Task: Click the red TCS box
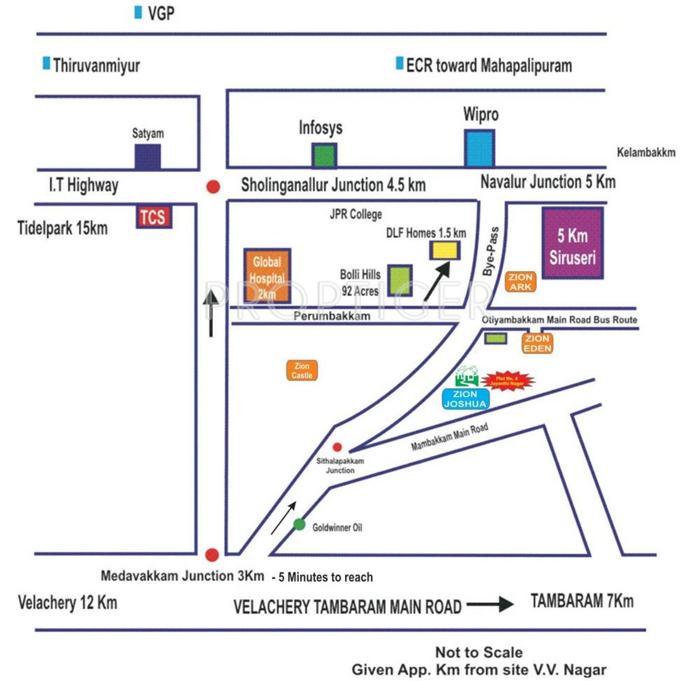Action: (154, 217)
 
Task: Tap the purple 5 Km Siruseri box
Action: (572, 243)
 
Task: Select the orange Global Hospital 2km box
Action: (267, 276)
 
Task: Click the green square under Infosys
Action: (324, 155)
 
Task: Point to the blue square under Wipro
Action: (479, 148)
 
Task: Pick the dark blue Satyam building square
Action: (147, 157)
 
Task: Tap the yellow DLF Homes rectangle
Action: (444, 250)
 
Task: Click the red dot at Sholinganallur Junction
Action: (213, 187)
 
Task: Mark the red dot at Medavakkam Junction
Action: (212, 555)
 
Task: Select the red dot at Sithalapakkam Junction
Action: (337, 447)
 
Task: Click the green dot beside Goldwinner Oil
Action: (299, 524)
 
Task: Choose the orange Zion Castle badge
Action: (302, 371)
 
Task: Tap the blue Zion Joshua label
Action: (465, 399)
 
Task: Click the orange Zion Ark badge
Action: (520, 282)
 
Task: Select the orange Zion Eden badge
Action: (537, 344)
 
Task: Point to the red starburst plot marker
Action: (507, 381)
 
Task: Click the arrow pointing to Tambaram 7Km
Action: (490, 604)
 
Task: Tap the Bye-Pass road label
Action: (491, 252)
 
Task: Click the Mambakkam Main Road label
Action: (449, 437)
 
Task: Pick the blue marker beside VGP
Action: (138, 13)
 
